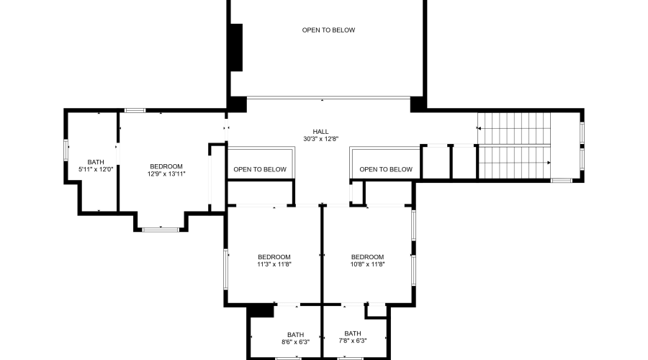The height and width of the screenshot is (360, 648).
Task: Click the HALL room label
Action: tap(320, 132)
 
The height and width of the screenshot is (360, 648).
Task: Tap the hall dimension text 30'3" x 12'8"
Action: tap(320, 139)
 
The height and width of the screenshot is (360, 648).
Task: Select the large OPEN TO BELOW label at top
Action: tap(328, 30)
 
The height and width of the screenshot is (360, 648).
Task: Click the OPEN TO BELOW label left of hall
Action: tap(260, 170)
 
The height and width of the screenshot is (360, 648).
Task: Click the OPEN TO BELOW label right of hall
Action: tap(386, 170)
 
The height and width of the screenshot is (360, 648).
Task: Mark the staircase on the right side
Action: tap(514, 145)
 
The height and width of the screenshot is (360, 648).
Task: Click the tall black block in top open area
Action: tap(235, 48)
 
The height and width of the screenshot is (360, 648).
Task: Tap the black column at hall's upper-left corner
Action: tap(238, 104)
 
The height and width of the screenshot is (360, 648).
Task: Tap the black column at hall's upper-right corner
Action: tap(418, 104)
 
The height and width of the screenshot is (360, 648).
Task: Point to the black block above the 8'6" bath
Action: tap(261, 310)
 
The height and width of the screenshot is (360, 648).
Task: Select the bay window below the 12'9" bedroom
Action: tap(161, 229)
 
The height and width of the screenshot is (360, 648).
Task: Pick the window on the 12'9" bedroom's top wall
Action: tap(135, 110)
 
